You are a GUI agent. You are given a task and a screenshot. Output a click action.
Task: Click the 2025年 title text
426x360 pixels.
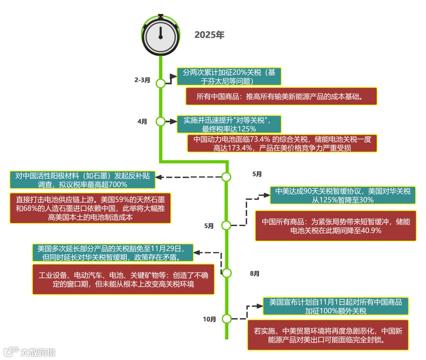(x=209, y=35)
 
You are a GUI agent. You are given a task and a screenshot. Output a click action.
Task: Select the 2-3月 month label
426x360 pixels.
(x=142, y=80)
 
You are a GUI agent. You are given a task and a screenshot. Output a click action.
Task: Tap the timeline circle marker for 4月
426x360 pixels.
(x=161, y=122)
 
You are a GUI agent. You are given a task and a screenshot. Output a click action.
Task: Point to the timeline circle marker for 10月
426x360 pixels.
(x=227, y=319)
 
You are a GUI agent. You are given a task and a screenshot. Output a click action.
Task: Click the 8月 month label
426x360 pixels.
(x=255, y=274)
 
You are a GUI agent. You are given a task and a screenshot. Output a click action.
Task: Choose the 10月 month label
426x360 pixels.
(x=209, y=319)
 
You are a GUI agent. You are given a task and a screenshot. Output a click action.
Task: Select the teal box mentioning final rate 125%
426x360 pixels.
(x=229, y=124)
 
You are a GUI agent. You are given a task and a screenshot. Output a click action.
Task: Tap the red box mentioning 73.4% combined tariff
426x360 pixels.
(x=282, y=143)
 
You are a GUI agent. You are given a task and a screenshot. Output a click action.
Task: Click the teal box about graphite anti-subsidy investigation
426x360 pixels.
(x=83, y=180)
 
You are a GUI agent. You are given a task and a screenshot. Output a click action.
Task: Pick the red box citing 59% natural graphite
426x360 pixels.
(x=90, y=208)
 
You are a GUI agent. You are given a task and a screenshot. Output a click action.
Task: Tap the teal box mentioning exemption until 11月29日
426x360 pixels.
(x=113, y=252)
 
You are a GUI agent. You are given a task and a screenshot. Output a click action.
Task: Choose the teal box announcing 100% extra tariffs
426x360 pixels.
(x=336, y=306)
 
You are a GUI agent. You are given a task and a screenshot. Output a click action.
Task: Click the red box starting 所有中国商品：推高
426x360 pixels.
(x=282, y=97)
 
